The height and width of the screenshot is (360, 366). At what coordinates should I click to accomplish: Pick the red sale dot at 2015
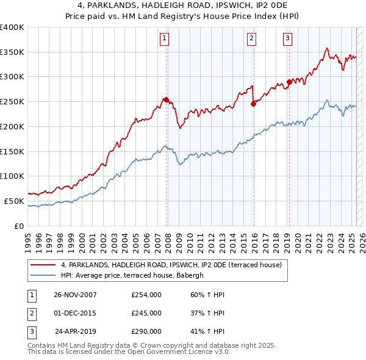click(253, 104)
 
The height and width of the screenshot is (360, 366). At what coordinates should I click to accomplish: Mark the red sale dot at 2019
click(289, 82)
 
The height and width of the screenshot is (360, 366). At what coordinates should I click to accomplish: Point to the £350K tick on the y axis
click(12, 52)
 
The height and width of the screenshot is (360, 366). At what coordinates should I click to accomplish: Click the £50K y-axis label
click(14, 201)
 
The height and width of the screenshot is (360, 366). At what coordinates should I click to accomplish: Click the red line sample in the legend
click(43, 265)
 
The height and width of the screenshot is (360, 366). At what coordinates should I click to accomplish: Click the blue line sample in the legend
click(43, 276)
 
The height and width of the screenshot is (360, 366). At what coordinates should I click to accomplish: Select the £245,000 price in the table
click(146, 313)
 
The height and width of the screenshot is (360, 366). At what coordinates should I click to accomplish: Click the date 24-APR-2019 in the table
click(76, 331)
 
